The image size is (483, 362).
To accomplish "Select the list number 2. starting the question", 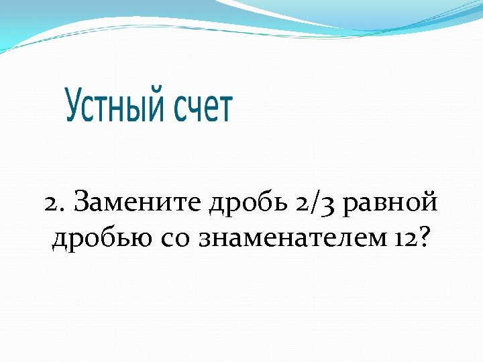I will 55,202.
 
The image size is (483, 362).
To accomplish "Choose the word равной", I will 389,203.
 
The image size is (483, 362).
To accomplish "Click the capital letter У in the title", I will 74,107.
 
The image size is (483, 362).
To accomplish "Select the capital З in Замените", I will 82,201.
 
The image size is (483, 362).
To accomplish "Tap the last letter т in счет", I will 225,110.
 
